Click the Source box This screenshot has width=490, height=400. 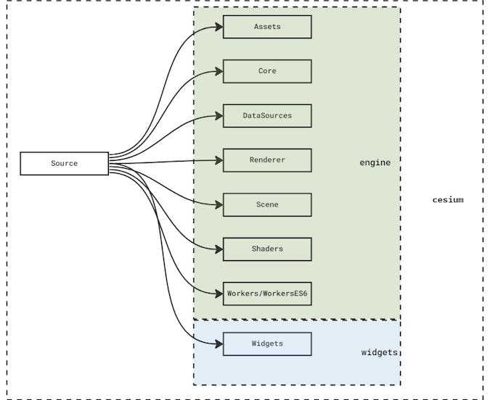[x=64, y=163]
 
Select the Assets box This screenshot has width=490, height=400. [x=267, y=27]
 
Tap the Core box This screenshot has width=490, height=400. [x=267, y=71]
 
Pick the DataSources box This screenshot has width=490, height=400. [x=267, y=116]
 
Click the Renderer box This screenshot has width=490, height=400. [x=267, y=160]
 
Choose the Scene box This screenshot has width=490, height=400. [x=267, y=204]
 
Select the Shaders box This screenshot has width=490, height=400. [x=267, y=249]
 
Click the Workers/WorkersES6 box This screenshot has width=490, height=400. [x=267, y=293]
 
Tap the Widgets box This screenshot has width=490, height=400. [x=267, y=343]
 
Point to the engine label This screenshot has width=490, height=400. [x=375, y=162]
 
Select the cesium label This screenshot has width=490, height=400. [x=447, y=199]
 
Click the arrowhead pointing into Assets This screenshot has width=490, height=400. [x=218, y=27]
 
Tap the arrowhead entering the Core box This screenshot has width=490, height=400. [x=218, y=71]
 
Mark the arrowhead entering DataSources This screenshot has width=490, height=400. [x=218, y=116]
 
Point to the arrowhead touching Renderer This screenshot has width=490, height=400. [x=218, y=160]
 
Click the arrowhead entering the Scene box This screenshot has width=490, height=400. [x=218, y=204]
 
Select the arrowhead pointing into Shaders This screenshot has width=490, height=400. [x=218, y=249]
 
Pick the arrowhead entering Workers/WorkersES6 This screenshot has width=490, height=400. [x=218, y=293]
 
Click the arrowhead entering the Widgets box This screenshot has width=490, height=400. [x=218, y=343]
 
